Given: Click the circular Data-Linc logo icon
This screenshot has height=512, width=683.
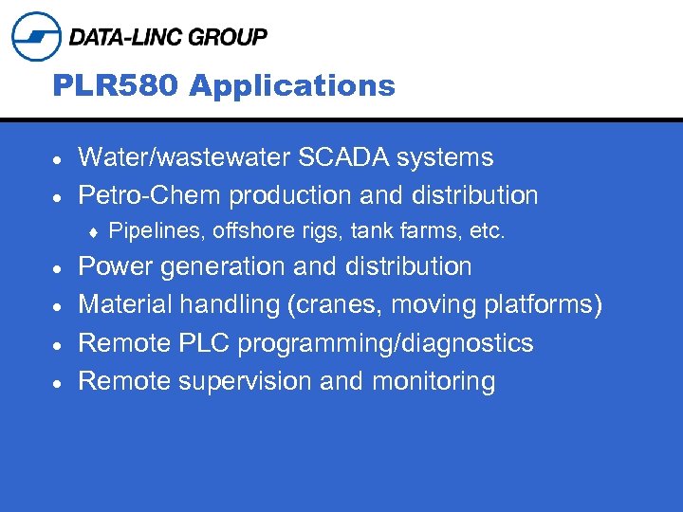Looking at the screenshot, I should click(36, 37).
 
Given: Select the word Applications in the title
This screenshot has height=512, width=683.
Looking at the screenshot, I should click(292, 86).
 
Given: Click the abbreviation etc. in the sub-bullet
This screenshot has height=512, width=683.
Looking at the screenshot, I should click(488, 230).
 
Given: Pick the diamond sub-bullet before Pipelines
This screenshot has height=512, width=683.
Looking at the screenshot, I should click(94, 231).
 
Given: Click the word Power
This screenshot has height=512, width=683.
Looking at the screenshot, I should click(116, 266).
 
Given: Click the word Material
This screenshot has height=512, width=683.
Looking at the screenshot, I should click(123, 305).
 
